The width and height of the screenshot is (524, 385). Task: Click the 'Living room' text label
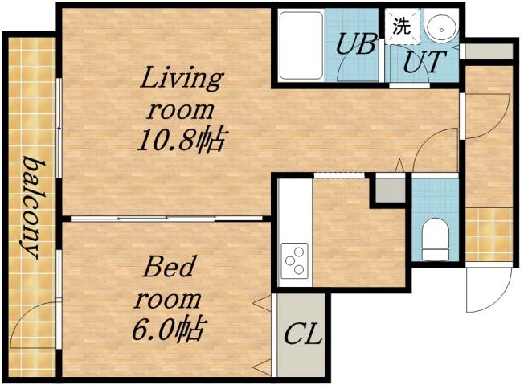coord(181,93)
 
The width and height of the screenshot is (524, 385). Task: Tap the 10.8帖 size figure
coord(178,141)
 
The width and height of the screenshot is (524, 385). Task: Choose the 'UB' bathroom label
coord(354,43)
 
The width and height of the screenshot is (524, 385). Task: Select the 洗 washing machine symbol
coord(400,26)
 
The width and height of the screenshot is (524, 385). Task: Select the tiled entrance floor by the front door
coord(488,234)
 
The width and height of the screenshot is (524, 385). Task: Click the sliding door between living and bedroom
coord(165,218)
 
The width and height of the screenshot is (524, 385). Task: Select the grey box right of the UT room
coord(488,51)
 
